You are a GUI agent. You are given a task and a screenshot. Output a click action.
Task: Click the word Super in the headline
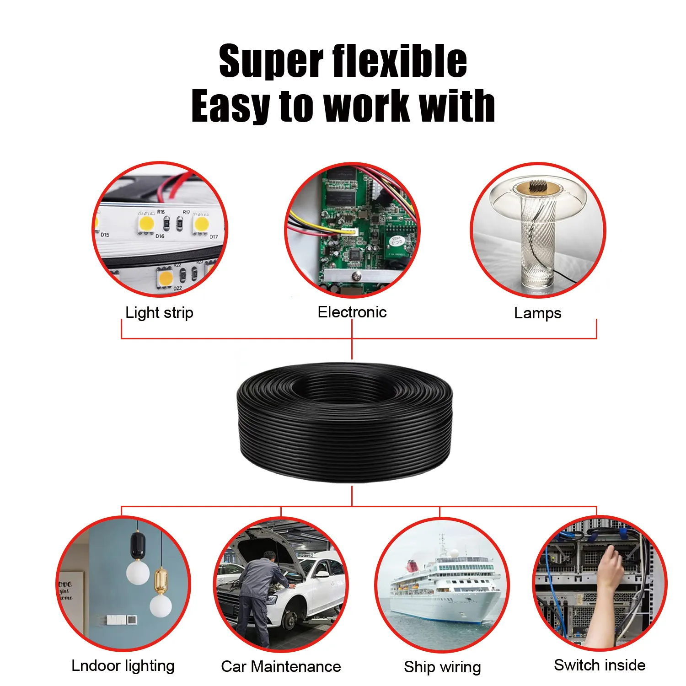point(271,61)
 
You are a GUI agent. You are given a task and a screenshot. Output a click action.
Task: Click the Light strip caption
point(159,313)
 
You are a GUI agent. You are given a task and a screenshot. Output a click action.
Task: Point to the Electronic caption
point(352,312)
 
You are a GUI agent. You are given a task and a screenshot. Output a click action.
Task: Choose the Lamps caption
point(538,313)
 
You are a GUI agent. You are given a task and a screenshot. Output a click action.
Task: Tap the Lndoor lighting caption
point(123,666)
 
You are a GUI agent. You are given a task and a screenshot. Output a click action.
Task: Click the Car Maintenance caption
point(281,666)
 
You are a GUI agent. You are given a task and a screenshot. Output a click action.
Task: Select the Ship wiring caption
point(442,667)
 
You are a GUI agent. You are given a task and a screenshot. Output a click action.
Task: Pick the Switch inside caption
point(600,665)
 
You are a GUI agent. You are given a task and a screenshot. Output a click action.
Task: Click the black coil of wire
point(344,422)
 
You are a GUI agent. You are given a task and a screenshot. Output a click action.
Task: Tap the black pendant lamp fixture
point(138,545)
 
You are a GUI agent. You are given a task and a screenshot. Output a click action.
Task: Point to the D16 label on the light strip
point(160,236)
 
